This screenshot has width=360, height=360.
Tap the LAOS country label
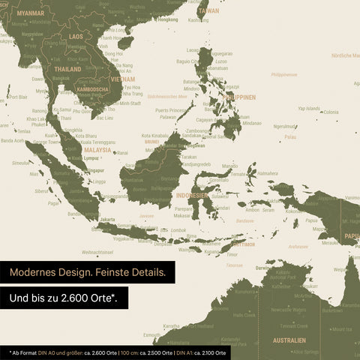[x=76, y=36]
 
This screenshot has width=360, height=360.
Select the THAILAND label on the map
[x=67, y=69]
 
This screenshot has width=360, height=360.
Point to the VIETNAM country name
[x=122, y=79]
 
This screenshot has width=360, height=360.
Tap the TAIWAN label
[x=208, y=11]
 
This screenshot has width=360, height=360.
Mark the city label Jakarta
[x=107, y=220]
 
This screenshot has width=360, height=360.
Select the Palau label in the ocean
[x=290, y=137]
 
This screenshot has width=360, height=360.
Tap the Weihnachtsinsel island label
[x=97, y=252]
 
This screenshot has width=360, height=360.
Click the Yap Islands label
[x=308, y=108]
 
